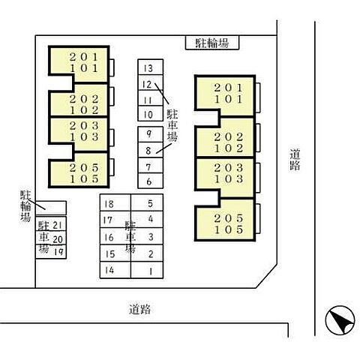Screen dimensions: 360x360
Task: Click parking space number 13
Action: point(151,67)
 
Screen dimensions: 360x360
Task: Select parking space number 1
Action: point(147,270)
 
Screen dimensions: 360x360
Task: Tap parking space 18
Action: point(115,203)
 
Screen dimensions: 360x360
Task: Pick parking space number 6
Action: point(151,181)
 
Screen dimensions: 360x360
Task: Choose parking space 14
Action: point(115,270)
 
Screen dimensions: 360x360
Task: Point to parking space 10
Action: point(151,113)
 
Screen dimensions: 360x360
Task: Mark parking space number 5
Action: point(147,203)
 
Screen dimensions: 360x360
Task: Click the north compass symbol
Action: point(340,320)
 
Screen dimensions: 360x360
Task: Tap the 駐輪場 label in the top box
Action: point(212,43)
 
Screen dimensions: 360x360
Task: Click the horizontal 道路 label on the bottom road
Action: point(140,309)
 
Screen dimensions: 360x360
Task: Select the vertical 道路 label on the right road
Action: point(295,160)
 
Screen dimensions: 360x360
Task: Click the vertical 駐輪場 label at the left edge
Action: point(25,206)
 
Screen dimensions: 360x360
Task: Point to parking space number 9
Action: point(151,134)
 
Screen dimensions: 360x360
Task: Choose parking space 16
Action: point(115,236)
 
